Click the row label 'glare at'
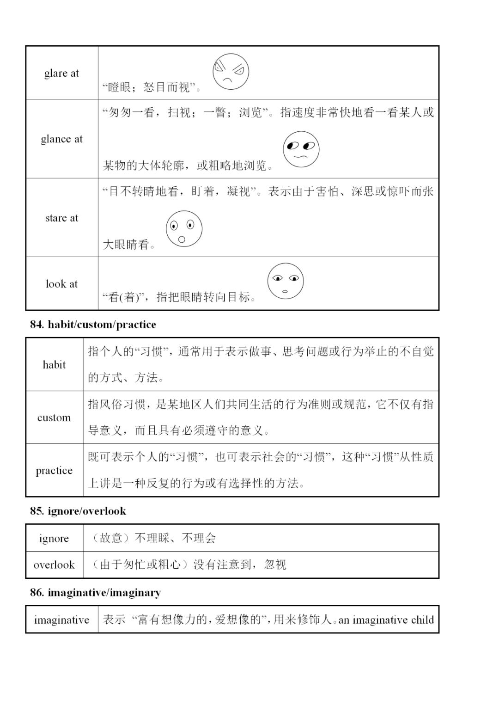61,73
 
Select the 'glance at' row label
61,139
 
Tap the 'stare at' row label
61,218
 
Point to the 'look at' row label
61,284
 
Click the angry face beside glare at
231,72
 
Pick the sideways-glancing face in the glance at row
301,149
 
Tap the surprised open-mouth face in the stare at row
184,228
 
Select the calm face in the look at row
285,281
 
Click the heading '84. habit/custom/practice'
93,325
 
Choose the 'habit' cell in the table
54,365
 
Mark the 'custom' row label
54,417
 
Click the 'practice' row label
54,470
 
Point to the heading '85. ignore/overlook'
78,511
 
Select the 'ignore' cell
54,538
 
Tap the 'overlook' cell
54,565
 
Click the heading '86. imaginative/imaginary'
95,592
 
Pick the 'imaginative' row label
61,620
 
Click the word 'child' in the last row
422,620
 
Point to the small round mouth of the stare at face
182,239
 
